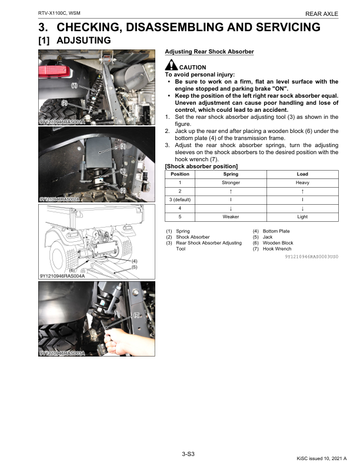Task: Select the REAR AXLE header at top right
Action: pyautogui.click(x=322, y=13)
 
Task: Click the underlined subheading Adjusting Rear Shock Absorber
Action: pyautogui.click(x=209, y=52)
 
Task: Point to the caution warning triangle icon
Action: pyautogui.click(x=171, y=66)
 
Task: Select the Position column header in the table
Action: pyautogui.click(x=179, y=174)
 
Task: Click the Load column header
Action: pyautogui.click(x=302, y=174)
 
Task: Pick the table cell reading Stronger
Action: pyautogui.click(x=231, y=183)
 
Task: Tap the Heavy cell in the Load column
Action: pyautogui.click(x=302, y=183)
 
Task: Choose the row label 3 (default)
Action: pyautogui.click(x=179, y=199)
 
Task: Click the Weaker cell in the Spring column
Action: pyautogui.click(x=231, y=217)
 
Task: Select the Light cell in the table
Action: pyautogui.click(x=302, y=217)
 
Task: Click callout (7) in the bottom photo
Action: pyautogui.click(x=137, y=315)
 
